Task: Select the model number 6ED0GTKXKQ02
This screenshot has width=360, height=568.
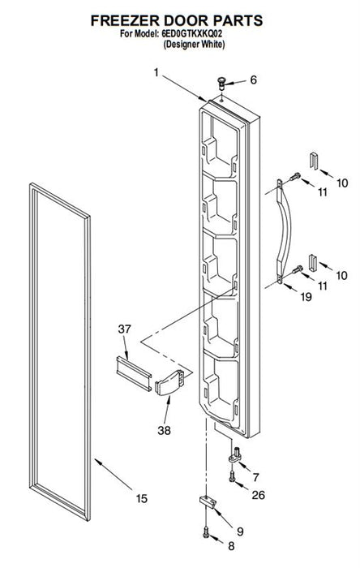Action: pos(192,34)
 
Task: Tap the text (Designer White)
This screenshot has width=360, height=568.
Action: pos(194,45)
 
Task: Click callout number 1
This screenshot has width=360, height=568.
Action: pos(156,73)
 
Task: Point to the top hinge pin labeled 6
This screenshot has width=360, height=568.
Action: pos(221,83)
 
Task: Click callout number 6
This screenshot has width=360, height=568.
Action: pos(253,80)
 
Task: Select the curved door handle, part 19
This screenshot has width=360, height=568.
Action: pos(284,232)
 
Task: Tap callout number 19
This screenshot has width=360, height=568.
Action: pos(306,297)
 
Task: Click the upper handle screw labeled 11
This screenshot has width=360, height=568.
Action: pos(295,177)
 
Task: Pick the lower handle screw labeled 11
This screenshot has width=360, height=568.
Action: pos(298,269)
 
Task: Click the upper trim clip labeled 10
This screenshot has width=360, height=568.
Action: pos(314,160)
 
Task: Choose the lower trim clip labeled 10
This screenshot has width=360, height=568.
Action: pos(313,263)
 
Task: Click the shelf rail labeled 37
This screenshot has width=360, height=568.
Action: pos(134,373)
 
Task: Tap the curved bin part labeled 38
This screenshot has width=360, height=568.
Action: pos(169,383)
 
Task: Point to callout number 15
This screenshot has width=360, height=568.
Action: pos(142,499)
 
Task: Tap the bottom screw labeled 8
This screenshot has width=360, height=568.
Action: pos(206,532)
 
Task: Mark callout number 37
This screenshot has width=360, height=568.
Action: pos(124,329)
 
